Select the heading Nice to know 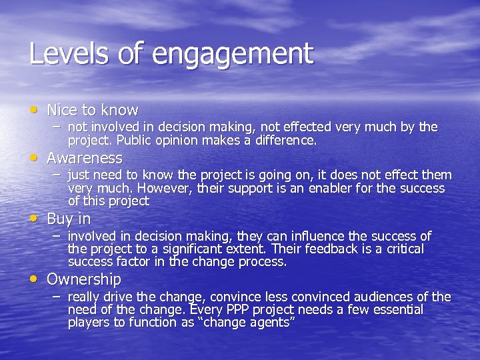92,110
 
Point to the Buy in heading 69,219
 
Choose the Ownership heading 83,279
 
